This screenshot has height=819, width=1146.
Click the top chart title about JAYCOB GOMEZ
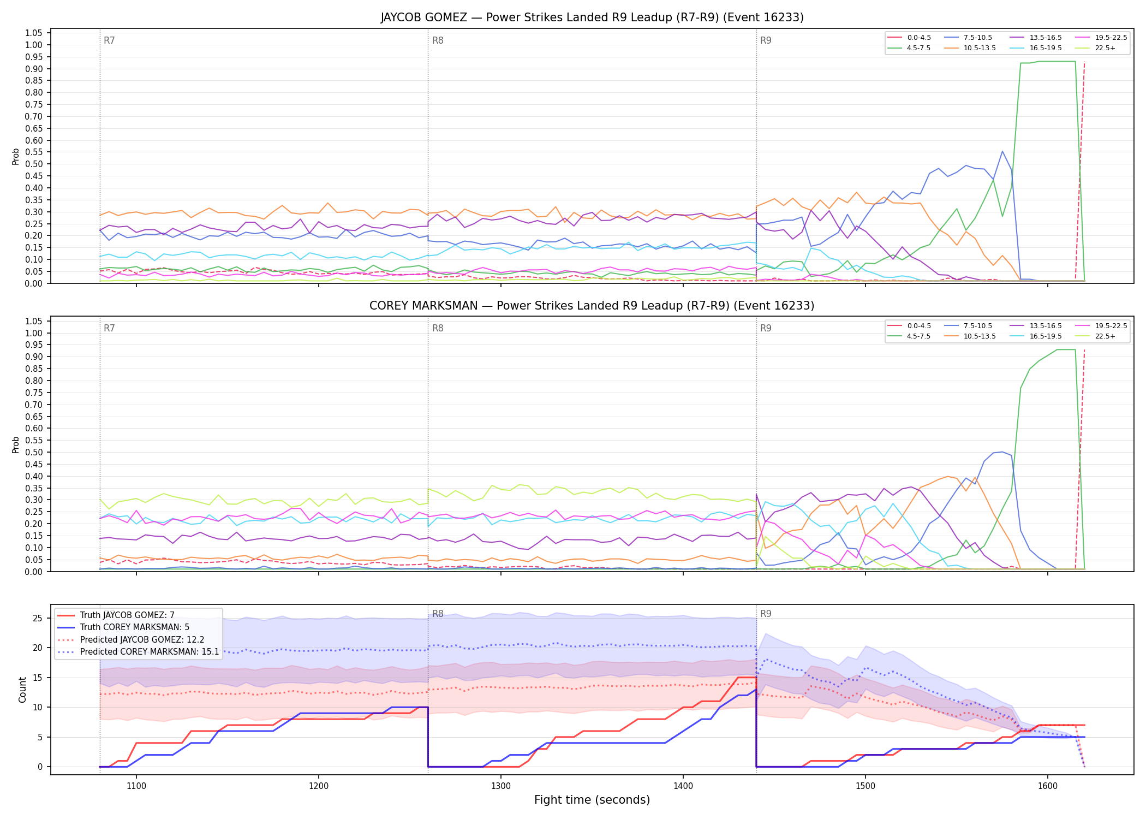[592, 17]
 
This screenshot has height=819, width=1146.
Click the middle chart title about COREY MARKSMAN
[592, 306]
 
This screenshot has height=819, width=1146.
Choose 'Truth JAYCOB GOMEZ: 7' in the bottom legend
[127, 615]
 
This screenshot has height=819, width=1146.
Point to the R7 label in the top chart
[109, 41]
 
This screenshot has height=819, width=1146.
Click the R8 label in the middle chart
[438, 329]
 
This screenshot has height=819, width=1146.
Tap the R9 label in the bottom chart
[766, 614]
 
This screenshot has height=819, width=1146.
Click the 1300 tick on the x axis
[501, 786]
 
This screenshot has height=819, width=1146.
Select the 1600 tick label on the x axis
[1048, 786]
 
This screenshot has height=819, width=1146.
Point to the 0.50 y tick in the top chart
[34, 164]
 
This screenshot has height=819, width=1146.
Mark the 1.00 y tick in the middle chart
[34, 333]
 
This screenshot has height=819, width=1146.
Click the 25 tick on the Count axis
[38, 619]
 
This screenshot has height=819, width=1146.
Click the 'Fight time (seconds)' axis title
[592, 800]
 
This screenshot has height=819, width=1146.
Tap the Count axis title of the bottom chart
[22, 690]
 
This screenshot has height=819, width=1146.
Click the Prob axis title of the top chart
[16, 156]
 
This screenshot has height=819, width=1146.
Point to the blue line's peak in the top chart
[1002, 151]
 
